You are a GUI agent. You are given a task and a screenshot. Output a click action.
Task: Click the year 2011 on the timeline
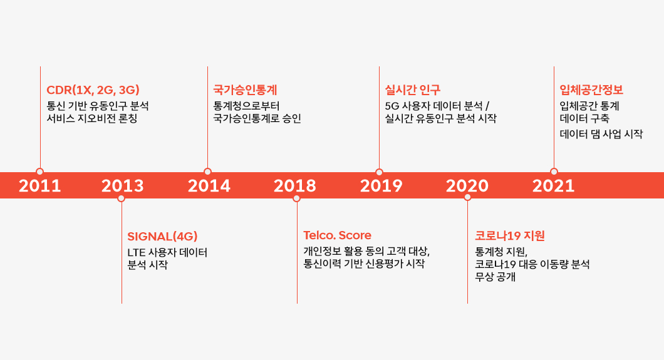tap(40, 186)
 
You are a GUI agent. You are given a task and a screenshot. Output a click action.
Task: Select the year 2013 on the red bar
tap(123, 186)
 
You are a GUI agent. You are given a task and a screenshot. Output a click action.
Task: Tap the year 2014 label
tap(209, 186)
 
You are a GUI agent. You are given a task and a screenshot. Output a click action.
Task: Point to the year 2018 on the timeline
tap(295, 186)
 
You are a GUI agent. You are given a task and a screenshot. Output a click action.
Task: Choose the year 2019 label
tap(381, 186)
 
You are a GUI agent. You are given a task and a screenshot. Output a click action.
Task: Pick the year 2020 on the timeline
tap(467, 186)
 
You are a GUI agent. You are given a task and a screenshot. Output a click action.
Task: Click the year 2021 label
tap(554, 186)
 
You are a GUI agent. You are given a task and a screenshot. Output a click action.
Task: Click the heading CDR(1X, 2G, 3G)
tap(93, 90)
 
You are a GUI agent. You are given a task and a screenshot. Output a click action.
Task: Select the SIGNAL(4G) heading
tap(162, 236)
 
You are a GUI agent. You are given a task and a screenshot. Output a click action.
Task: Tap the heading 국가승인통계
tap(245, 90)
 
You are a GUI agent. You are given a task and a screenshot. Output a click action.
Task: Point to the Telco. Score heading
tap(337, 235)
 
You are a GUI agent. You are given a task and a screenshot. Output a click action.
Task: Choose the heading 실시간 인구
tap(413, 90)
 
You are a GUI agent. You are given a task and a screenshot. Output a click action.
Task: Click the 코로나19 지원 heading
tap(510, 236)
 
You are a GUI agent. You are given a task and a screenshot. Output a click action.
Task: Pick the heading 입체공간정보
tap(591, 90)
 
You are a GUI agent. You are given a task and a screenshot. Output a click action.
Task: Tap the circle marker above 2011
tap(40, 172)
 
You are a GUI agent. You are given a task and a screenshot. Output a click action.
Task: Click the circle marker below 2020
tap(467, 197)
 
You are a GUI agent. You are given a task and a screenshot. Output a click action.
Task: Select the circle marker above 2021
tap(554, 172)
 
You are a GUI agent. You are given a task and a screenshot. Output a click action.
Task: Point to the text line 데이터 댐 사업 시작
tap(601, 134)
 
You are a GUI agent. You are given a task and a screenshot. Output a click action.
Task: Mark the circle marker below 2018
tap(297, 198)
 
